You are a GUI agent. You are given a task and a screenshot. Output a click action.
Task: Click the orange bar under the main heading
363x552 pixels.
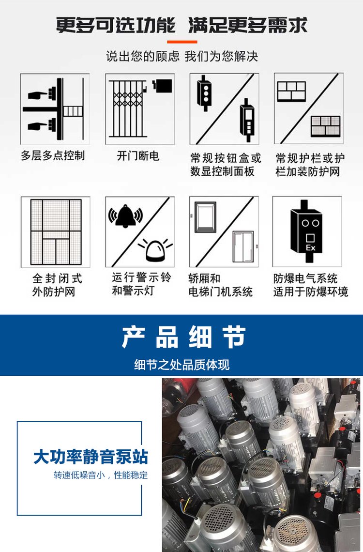click(182, 42)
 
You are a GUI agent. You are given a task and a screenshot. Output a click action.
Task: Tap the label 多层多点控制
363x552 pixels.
click(53, 155)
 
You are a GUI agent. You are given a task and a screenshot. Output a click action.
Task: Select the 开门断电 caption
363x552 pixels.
click(138, 155)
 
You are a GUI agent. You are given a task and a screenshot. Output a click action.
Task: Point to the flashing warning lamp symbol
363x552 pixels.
click(155, 250)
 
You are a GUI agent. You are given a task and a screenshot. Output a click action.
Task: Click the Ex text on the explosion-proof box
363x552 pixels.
click(311, 247)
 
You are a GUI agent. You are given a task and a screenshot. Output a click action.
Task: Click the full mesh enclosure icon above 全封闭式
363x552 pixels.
click(56, 232)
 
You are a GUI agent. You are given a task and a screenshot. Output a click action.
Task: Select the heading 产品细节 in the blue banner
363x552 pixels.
click(183, 337)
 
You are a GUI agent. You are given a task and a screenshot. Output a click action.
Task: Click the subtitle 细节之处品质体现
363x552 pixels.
click(182, 364)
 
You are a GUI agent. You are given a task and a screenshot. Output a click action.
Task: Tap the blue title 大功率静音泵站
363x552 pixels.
click(91, 457)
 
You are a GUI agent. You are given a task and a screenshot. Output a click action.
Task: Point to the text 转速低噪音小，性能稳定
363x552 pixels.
click(101, 475)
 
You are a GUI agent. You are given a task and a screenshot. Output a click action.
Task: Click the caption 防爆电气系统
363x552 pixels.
click(305, 278)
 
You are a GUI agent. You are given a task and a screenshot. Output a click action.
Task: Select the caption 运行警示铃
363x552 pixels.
click(141, 277)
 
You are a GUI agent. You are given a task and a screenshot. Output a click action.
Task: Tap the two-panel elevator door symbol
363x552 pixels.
click(243, 247)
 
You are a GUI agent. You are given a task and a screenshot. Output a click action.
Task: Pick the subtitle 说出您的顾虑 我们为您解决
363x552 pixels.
click(182, 56)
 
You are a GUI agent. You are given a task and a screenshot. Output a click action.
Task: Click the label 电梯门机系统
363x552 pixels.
click(221, 291)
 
